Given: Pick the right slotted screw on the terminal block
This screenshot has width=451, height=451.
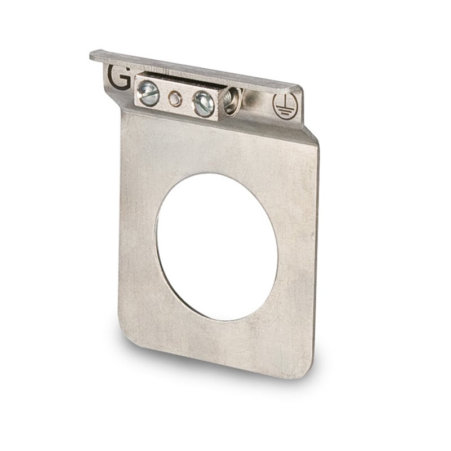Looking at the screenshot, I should pos(204,104).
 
